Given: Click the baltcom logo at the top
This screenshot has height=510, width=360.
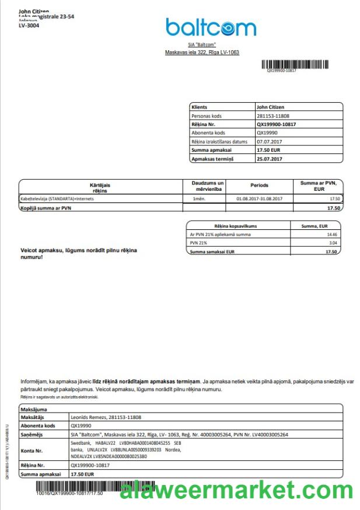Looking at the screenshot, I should click(211, 27).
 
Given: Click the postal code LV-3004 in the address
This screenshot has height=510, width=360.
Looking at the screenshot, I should click(29, 26).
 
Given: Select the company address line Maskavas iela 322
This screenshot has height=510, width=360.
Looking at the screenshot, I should click(202, 53).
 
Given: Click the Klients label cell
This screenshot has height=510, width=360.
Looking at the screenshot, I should click(200, 107).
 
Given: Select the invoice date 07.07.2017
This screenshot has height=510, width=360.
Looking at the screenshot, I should click(269, 141).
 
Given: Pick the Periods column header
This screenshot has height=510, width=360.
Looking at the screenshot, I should click(259, 186).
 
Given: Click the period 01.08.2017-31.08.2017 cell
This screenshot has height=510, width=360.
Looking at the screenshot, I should click(259, 199).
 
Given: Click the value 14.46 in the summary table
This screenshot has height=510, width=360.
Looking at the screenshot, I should click(331, 234).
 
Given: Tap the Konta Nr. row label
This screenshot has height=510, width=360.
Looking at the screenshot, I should click(32, 450).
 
